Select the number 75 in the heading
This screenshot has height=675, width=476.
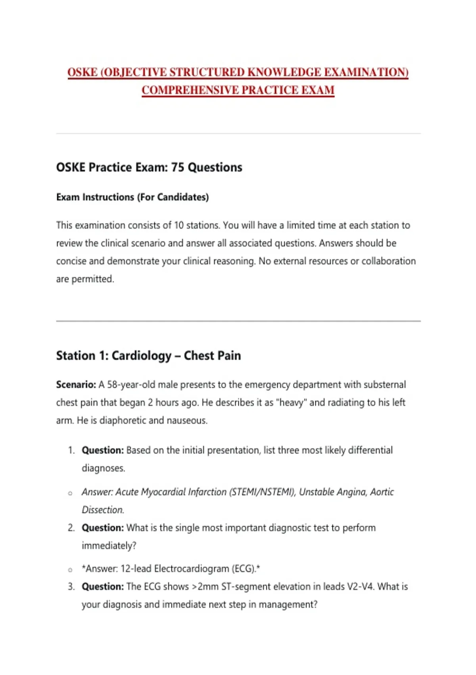(178, 167)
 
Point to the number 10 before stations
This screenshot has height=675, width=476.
(179, 225)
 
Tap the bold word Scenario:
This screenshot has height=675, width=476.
(76, 384)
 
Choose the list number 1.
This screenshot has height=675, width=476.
(71, 450)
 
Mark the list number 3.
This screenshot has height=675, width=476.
(71, 586)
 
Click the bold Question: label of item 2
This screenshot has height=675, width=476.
(103, 528)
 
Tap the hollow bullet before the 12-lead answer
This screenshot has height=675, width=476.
(70, 570)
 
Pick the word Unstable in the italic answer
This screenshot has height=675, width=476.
(316, 492)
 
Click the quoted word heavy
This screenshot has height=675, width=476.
(292, 402)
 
